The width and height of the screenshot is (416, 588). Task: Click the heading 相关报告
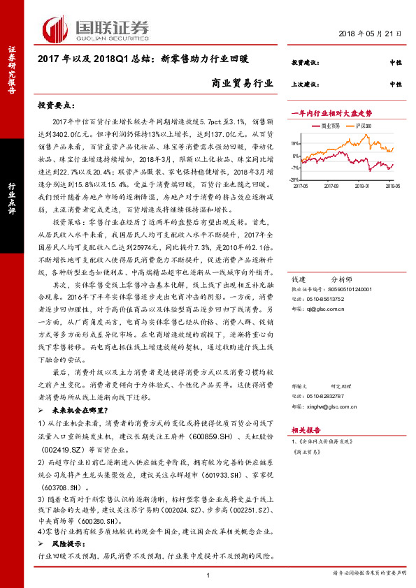306,430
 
